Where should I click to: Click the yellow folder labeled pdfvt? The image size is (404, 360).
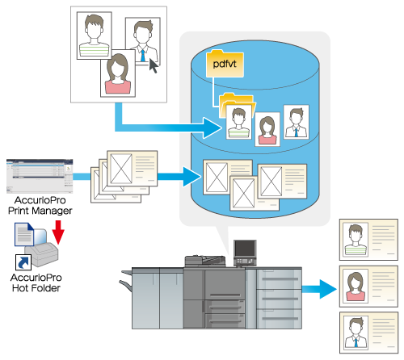pyautogui.click(x=225, y=64)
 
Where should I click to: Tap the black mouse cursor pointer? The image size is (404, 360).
pyautogui.click(x=154, y=66)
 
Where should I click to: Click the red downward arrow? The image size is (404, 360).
pyautogui.click(x=58, y=232)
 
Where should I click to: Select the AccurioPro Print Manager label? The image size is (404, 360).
pyautogui.click(x=40, y=205)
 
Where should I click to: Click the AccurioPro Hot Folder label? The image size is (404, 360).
pyautogui.click(x=36, y=283)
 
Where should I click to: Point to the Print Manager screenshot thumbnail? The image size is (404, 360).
pyautogui.click(x=40, y=176)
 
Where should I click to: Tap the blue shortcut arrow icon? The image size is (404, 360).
pyautogui.click(x=23, y=262)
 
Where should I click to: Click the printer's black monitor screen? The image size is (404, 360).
pyautogui.click(x=245, y=249)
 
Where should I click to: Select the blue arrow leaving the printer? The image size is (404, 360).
pyautogui.click(x=319, y=289)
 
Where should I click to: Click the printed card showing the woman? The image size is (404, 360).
pyautogui.click(x=368, y=287)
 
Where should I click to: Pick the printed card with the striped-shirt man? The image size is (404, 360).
pyautogui.click(x=368, y=240)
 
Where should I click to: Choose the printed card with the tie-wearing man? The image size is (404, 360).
pyautogui.click(x=368, y=333)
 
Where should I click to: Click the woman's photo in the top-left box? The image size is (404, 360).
pyautogui.click(x=118, y=73)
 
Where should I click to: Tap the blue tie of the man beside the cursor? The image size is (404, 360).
pyautogui.click(x=142, y=56)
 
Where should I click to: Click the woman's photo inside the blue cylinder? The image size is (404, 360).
pyautogui.click(x=267, y=129)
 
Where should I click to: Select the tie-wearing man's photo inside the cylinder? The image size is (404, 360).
pyautogui.click(x=297, y=122)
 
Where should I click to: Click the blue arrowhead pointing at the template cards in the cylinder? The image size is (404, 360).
pyautogui.click(x=191, y=177)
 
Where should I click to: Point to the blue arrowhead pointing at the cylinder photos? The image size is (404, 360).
pyautogui.click(x=213, y=128)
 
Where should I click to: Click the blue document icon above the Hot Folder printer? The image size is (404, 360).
pyautogui.click(x=24, y=234)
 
